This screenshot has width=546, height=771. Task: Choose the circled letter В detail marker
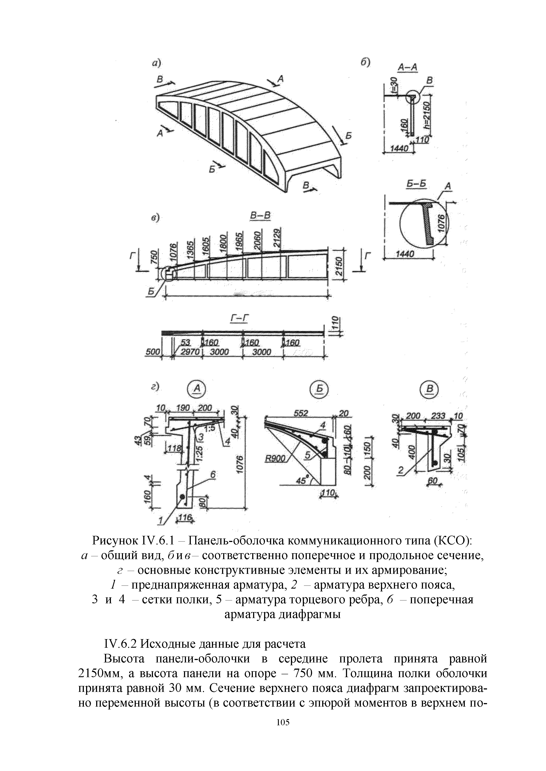pyautogui.click(x=429, y=389)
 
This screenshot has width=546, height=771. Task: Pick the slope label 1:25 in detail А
pyautogui.click(x=199, y=453)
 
